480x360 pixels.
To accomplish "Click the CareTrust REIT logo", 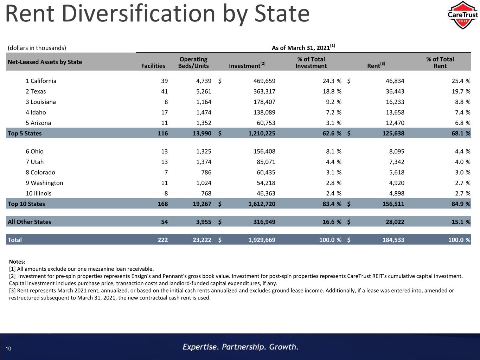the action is pyautogui.click(x=462, y=15).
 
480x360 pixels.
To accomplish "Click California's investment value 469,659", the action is pyautogui.click(x=264, y=81).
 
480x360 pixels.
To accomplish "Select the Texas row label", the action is pyautogui.click(x=36, y=91).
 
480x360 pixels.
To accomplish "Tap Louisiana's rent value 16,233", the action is pyautogui.click(x=395, y=102).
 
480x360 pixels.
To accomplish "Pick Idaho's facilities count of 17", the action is pyautogui.click(x=164, y=112).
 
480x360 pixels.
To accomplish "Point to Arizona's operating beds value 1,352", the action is pyautogui.click(x=204, y=123).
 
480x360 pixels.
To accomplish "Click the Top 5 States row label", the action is pyautogui.click(x=25, y=133).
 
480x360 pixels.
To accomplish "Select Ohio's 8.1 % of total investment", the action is pyautogui.click(x=333, y=152).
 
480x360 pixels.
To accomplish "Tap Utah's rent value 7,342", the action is pyautogui.click(x=396, y=162).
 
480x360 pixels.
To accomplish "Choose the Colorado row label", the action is pyautogui.click(x=40, y=173).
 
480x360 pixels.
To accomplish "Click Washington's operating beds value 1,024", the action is pyautogui.click(x=204, y=183).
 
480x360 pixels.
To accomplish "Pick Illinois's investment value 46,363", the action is pyautogui.click(x=266, y=193).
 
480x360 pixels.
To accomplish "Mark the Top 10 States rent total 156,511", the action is pyautogui.click(x=393, y=204).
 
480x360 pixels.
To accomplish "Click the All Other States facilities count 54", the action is pyautogui.click(x=164, y=222).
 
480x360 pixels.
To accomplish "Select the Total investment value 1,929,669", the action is pyautogui.click(x=262, y=240).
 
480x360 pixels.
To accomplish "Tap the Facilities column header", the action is pyautogui.click(x=153, y=66).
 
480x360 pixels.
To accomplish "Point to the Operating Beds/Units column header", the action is pyautogui.click(x=193, y=63).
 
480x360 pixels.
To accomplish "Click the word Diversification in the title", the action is pyautogui.click(x=139, y=14).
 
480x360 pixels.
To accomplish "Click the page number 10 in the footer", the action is pyautogui.click(x=8, y=349).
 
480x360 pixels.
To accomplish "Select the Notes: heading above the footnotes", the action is pyautogui.click(x=17, y=262).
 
